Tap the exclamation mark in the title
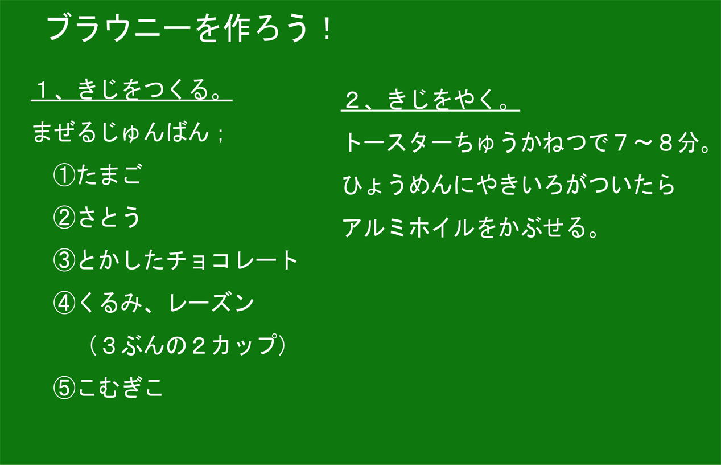(x=327, y=28)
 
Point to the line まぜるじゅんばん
(x=121, y=132)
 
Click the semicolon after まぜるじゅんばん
(x=220, y=134)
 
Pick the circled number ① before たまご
(x=64, y=175)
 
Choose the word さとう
(x=109, y=217)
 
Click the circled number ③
(x=64, y=260)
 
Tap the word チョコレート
(x=232, y=260)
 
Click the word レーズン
(x=211, y=303)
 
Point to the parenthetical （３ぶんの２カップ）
(x=187, y=345)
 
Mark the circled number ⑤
(x=64, y=387)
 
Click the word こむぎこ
(x=120, y=387)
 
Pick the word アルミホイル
(x=408, y=227)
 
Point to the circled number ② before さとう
(x=64, y=218)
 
